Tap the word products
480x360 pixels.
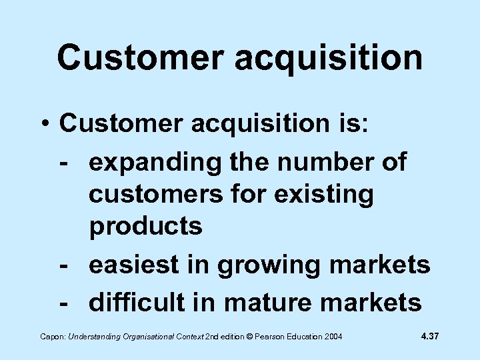tap(145, 227)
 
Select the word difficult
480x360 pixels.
tap(137, 303)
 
